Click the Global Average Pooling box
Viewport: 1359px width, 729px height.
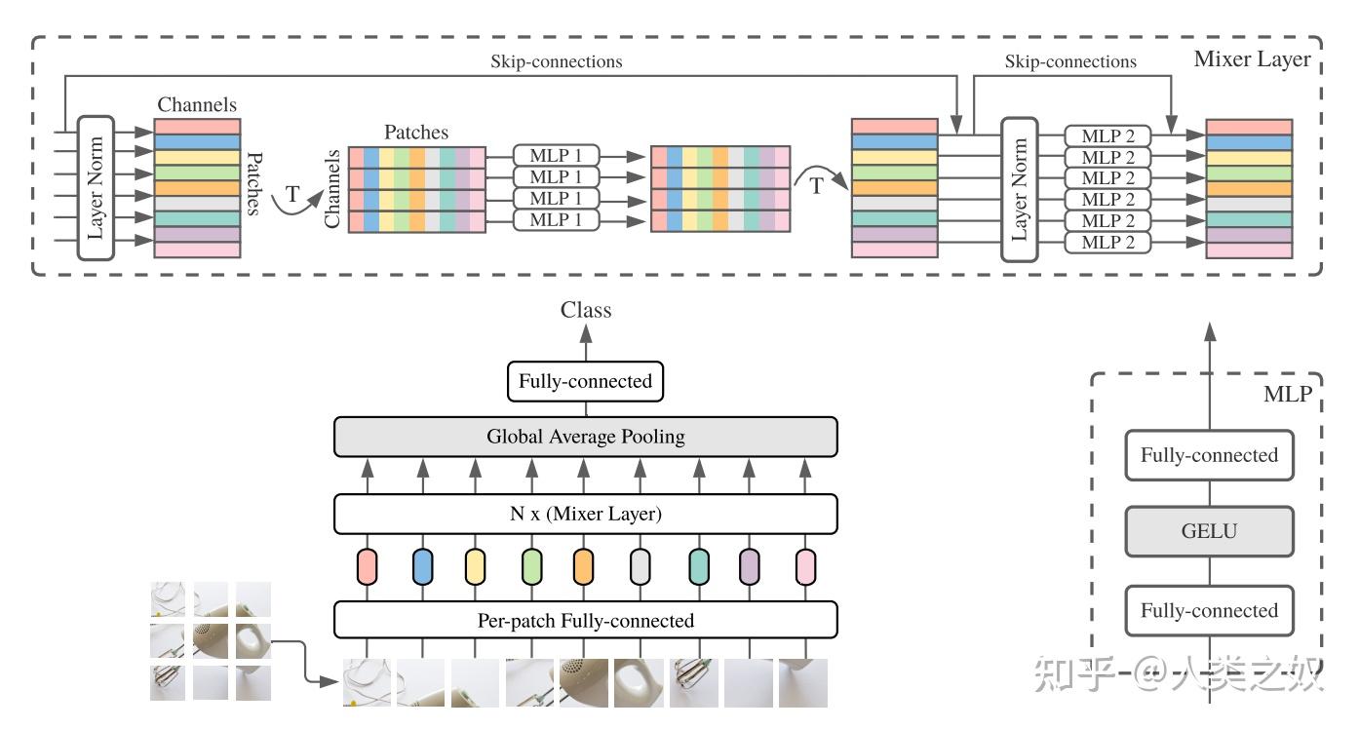pos(585,437)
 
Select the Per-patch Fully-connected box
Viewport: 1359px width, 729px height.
pos(585,620)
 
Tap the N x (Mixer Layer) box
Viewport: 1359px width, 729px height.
pos(585,514)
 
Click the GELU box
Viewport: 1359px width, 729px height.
pos(1209,532)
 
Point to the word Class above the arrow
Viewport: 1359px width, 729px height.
pos(586,310)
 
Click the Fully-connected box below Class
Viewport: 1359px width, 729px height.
pos(585,381)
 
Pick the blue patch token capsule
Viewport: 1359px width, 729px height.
pos(422,566)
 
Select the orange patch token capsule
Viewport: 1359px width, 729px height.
pos(583,566)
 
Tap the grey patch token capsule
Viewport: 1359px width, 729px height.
pos(640,566)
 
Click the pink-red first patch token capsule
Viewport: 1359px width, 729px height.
pos(367,566)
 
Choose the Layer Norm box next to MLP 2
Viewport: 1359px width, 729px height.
pos(1021,189)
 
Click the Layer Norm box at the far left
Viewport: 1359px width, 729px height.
pos(96,189)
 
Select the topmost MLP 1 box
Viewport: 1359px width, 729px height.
pos(556,155)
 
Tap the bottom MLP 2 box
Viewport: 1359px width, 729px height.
pos(1107,242)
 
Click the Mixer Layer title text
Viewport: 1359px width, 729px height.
pos(1252,59)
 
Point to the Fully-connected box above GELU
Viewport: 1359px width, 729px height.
pos(1209,455)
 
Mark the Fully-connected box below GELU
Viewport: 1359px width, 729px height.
pos(1209,611)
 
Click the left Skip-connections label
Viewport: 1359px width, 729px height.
pos(556,61)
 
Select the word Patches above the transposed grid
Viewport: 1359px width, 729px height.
pos(416,132)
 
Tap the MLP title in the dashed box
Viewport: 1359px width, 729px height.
pos(1287,395)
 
